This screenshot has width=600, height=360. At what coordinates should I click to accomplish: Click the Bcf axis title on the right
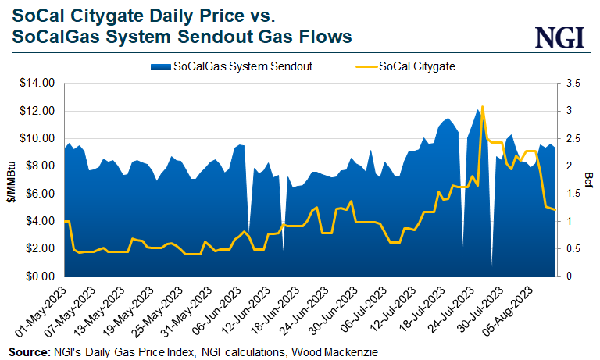click(591, 180)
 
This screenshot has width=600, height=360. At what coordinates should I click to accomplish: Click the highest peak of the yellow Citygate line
click(483, 106)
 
